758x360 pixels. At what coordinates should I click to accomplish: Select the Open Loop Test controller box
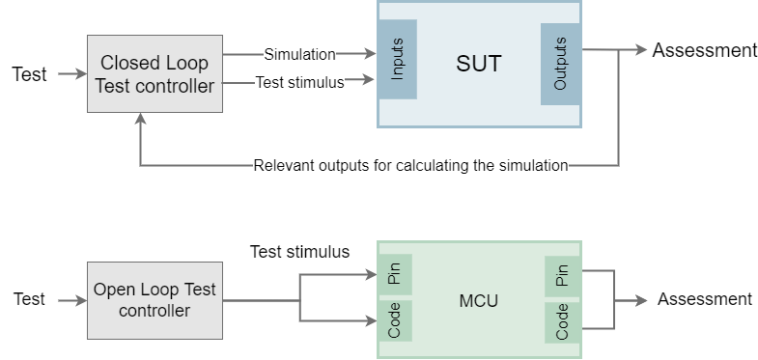point(154,300)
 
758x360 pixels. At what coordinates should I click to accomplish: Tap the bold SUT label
point(479,65)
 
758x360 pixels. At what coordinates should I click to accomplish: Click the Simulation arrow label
point(299,55)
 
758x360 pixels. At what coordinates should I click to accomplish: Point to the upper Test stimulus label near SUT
point(299,83)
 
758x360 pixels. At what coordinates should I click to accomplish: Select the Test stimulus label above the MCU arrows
point(299,252)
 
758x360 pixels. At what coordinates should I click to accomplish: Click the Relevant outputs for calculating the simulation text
point(410,165)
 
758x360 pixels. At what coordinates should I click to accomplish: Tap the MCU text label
point(478,301)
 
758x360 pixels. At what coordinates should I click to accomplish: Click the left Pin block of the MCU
point(395,274)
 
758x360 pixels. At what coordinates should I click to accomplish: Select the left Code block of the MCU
point(395,320)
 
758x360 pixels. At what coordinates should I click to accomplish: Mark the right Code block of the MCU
point(561,320)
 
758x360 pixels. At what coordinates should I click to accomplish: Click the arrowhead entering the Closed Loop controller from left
point(81,73)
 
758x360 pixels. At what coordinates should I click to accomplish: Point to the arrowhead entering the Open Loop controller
point(81,301)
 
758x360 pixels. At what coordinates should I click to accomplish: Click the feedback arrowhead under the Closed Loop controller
point(141,118)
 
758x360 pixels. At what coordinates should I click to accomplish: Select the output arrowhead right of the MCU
point(641,301)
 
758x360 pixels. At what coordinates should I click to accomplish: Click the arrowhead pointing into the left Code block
point(371,320)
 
